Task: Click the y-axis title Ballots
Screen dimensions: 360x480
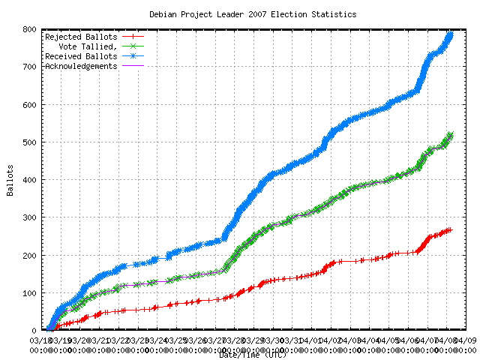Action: (x=10, y=180)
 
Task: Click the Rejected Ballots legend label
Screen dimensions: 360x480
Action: (x=80, y=37)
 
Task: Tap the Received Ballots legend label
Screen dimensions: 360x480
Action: (x=80, y=56)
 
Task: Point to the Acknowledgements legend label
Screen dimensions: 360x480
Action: (x=81, y=66)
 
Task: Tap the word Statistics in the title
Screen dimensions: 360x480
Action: (x=334, y=14)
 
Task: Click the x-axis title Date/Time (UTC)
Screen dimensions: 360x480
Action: (x=253, y=355)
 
